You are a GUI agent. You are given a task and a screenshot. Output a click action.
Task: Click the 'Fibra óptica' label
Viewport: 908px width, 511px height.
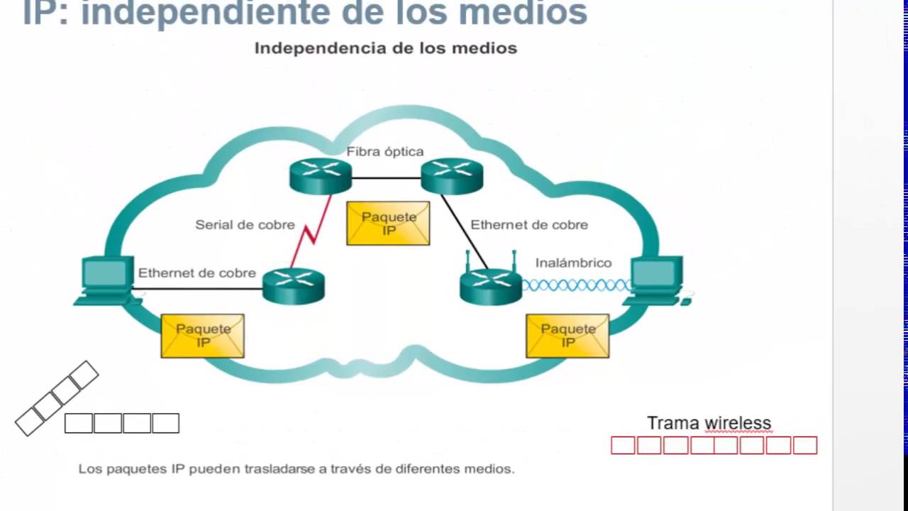pyautogui.click(x=384, y=151)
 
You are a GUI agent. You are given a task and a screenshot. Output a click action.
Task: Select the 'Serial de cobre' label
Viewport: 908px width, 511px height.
pyautogui.click(x=245, y=225)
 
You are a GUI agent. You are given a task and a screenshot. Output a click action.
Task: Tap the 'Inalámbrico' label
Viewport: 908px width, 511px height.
pyautogui.click(x=573, y=263)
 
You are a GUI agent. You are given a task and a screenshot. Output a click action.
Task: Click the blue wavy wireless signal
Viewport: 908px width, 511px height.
pyautogui.click(x=576, y=285)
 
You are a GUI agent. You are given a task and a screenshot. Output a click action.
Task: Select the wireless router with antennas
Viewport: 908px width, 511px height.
pyautogui.click(x=491, y=284)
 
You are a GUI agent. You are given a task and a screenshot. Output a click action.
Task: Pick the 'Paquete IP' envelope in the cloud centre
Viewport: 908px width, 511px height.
pyautogui.click(x=388, y=223)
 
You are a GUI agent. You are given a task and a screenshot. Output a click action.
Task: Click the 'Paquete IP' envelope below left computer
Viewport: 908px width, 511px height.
pyautogui.click(x=203, y=336)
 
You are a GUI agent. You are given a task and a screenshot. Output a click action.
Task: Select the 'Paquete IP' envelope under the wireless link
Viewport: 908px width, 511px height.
pyautogui.click(x=567, y=336)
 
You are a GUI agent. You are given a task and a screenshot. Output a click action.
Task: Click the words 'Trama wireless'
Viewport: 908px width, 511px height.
pyautogui.click(x=709, y=423)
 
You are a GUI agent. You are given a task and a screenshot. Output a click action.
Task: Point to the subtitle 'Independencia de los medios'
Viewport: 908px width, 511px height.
pyautogui.click(x=385, y=48)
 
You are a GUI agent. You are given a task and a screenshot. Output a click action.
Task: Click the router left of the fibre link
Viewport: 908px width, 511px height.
pyautogui.click(x=321, y=175)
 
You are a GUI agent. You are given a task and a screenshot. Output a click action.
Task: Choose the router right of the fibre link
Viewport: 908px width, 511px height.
pyautogui.click(x=452, y=175)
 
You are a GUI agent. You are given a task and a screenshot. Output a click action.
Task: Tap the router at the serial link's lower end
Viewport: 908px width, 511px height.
pyautogui.click(x=294, y=285)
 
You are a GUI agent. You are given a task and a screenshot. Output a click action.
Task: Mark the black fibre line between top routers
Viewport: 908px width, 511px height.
pyautogui.click(x=387, y=177)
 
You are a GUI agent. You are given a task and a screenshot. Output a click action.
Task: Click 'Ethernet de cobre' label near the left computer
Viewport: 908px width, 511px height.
pyautogui.click(x=197, y=273)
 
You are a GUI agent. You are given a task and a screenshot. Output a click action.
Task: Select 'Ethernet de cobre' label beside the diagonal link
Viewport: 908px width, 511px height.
pyautogui.click(x=529, y=225)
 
